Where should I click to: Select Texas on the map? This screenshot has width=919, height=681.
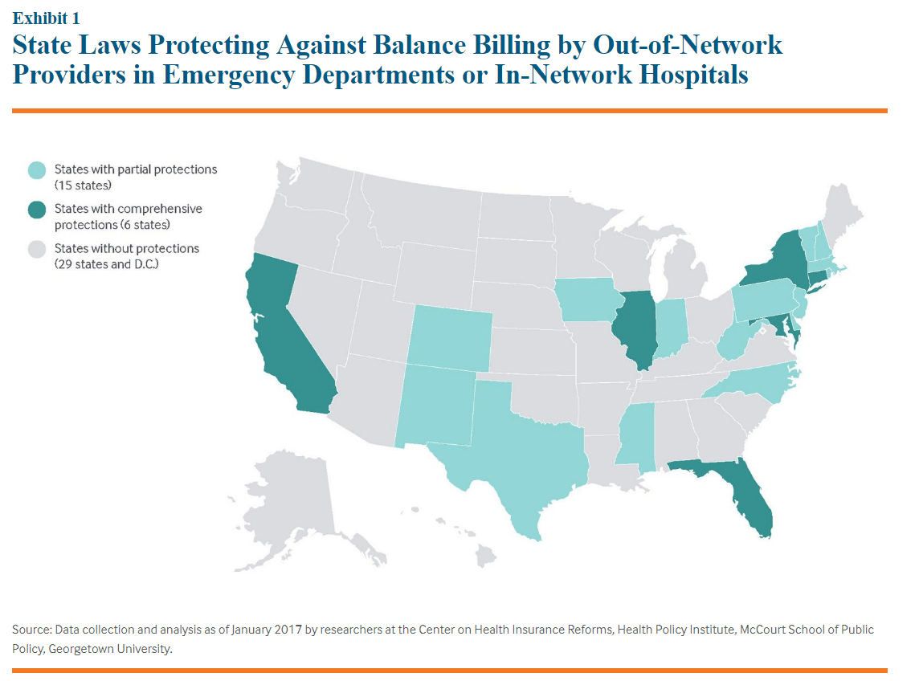[x=514, y=450]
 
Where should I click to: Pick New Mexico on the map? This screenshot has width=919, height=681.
[x=434, y=406]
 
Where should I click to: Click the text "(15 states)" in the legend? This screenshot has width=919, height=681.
[x=83, y=186]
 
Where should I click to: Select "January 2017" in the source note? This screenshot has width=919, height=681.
[x=263, y=630]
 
